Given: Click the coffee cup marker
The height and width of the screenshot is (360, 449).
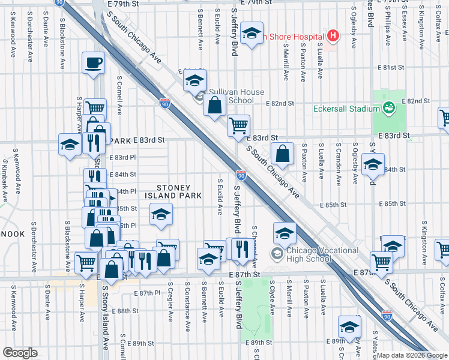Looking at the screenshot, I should [x=93, y=62].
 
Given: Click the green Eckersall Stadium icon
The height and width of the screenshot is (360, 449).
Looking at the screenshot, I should [x=388, y=107].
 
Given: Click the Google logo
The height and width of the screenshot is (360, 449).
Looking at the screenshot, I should [x=20, y=353].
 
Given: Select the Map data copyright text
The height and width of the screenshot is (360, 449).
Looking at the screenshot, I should [x=412, y=355].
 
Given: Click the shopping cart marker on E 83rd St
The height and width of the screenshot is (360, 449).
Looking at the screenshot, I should [x=239, y=125].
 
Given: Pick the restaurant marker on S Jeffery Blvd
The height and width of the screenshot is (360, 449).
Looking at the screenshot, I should [x=241, y=249].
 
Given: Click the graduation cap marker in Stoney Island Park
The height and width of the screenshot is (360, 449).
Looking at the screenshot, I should [x=160, y=215].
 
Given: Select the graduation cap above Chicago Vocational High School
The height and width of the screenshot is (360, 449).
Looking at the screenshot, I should [x=285, y=233].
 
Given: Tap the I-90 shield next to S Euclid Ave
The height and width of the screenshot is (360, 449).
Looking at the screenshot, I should [x=241, y=175].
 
